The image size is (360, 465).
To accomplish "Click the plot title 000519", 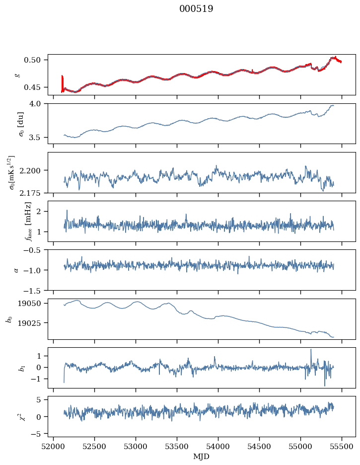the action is (x=196, y=8).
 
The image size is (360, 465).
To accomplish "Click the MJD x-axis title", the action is (x=201, y=457).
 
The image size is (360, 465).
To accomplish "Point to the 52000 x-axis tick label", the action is (x=53, y=447).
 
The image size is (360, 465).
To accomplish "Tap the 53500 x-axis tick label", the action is (x=177, y=447).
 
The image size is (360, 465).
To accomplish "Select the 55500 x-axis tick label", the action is (x=342, y=447).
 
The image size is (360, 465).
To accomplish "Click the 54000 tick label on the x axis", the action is (x=218, y=447).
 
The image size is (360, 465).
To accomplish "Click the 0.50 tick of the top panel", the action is (x=32, y=60).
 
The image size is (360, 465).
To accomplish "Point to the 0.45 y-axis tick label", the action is (x=32, y=87).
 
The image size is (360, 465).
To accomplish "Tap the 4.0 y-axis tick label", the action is (x=34, y=103).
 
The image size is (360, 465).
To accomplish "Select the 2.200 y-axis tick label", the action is (x=30, y=170).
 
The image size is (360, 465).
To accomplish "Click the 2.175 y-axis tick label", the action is (x=30, y=193).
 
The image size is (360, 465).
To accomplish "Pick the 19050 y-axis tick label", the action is (x=29, y=304).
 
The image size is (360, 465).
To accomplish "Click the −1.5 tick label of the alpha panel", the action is (x=32, y=291).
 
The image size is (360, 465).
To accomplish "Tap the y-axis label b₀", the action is (x=10, y=319).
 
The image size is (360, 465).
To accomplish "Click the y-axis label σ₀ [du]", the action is (x=21, y=124).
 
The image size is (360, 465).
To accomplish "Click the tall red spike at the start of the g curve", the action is (x=62, y=83).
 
